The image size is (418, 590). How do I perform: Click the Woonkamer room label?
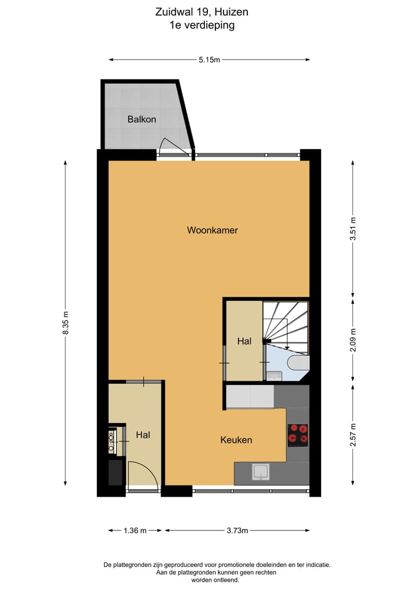pos(212,230)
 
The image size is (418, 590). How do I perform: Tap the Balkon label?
pos(142,119)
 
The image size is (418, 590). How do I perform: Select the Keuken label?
pos(236,440)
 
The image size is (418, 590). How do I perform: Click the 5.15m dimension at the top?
pos(210,59)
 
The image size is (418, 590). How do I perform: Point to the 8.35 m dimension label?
pos(66,322)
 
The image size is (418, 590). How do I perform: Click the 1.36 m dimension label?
pos(135,530)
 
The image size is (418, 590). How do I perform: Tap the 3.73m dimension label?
pos(237,530)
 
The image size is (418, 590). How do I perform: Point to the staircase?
pos(286,325)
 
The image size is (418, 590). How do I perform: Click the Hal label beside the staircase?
pos(244,341)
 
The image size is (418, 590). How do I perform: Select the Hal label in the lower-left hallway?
pos(143,434)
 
